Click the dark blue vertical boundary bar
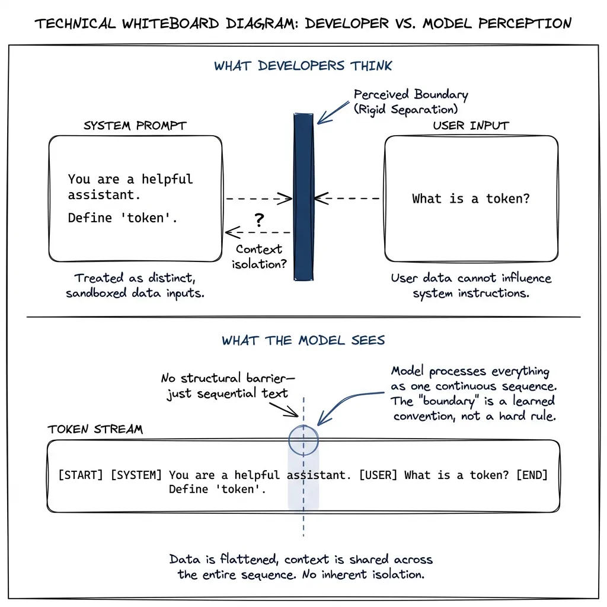(x=303, y=196)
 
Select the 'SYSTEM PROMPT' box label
(x=135, y=126)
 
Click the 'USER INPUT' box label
(x=471, y=126)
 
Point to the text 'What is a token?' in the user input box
(x=471, y=199)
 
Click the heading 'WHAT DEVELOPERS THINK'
(x=303, y=66)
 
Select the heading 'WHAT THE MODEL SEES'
(x=303, y=340)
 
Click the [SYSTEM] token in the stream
(x=136, y=475)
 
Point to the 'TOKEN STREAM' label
(x=95, y=429)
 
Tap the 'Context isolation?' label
(x=259, y=255)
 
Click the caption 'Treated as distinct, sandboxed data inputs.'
(x=135, y=285)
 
